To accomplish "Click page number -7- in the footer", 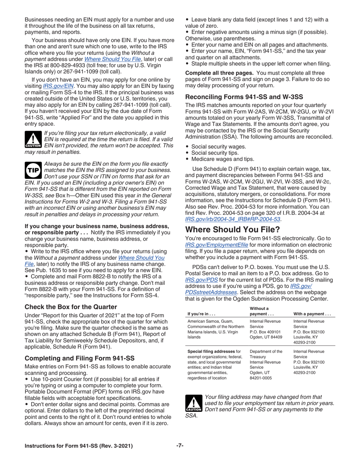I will click(180, 446).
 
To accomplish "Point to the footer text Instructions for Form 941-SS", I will click(79, 446).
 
